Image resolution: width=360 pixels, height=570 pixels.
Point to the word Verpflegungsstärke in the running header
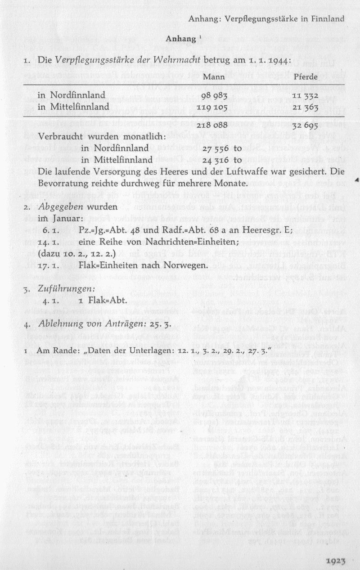point(250,18)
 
